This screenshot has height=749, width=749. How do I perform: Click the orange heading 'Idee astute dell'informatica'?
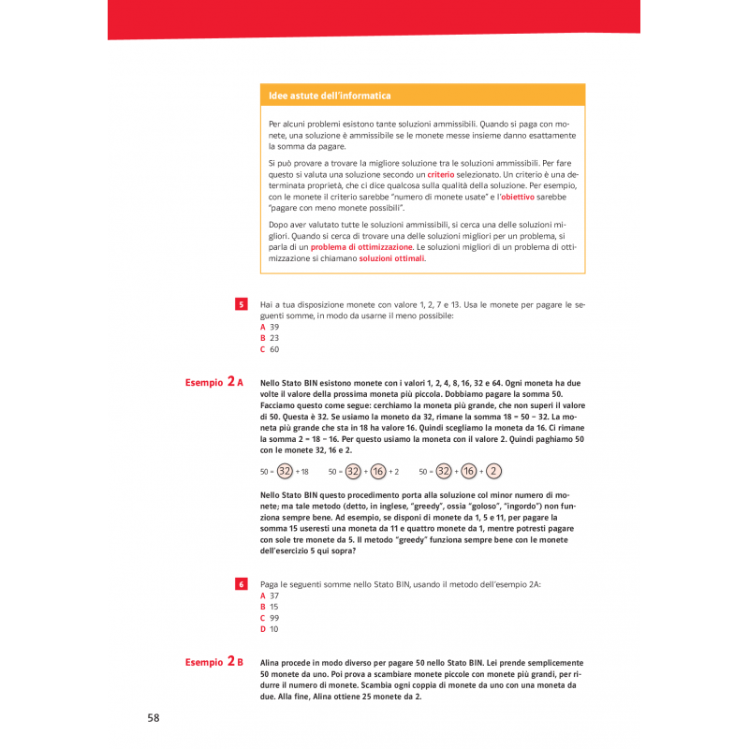tap(330, 95)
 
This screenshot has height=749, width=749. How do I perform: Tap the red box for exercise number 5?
tap(241, 304)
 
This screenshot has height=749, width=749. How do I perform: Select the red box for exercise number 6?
tap(241, 583)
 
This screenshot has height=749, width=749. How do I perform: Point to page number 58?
tap(154, 717)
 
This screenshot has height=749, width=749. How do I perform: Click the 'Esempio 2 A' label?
tap(214, 383)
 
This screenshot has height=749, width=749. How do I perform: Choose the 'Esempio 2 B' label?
tap(214, 662)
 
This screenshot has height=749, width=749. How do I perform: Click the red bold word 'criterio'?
tap(440, 175)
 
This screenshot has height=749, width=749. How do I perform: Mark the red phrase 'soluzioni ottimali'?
tap(391, 258)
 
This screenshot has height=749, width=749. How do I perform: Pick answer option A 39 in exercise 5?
tap(270, 327)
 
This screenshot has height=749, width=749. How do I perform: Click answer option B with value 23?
tap(270, 338)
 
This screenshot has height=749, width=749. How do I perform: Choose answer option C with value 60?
tap(270, 349)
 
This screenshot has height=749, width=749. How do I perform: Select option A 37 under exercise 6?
tap(270, 595)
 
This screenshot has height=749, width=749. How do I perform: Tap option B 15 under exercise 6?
tap(270, 607)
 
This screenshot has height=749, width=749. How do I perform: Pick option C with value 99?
tap(270, 618)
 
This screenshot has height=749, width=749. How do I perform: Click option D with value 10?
tap(270, 629)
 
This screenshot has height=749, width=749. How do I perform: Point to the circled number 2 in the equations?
tap(493, 471)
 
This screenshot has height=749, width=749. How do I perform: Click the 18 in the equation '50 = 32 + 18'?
tap(303, 471)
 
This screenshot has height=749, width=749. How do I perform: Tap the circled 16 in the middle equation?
tap(378, 471)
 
